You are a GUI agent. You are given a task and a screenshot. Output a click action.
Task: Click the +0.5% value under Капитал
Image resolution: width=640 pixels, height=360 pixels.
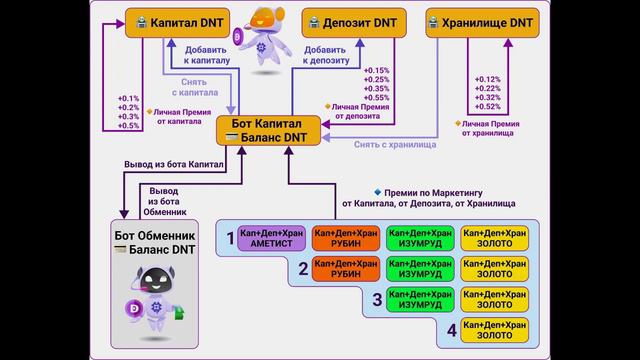pos(129,126)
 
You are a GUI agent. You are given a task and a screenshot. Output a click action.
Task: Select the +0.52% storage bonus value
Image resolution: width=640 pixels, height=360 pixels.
pos(489,107)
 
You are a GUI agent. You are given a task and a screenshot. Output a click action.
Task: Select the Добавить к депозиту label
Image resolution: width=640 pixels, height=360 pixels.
pos(326,55)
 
